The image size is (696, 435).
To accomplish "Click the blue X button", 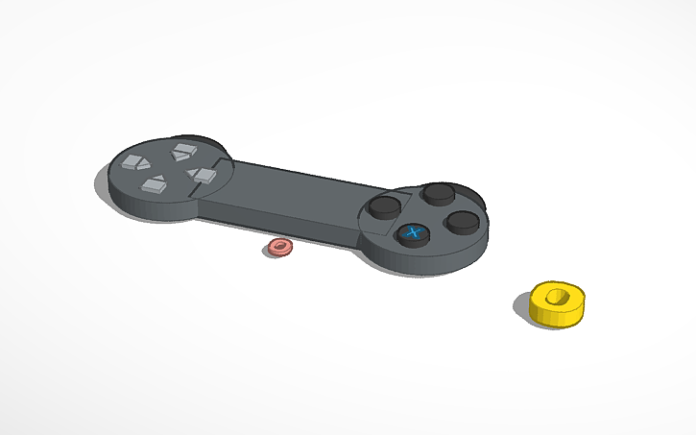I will (413, 233).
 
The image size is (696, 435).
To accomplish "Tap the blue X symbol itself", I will (414, 231).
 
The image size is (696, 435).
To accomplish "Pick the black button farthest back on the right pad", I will (439, 194).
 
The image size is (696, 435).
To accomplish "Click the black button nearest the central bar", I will (386, 206).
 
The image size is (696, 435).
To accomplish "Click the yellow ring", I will (558, 302).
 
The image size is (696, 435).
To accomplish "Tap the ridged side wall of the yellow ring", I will (552, 314).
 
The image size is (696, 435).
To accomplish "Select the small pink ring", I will (279, 248).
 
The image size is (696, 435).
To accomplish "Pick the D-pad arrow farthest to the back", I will (182, 151).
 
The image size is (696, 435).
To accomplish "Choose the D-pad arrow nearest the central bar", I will (203, 175).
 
